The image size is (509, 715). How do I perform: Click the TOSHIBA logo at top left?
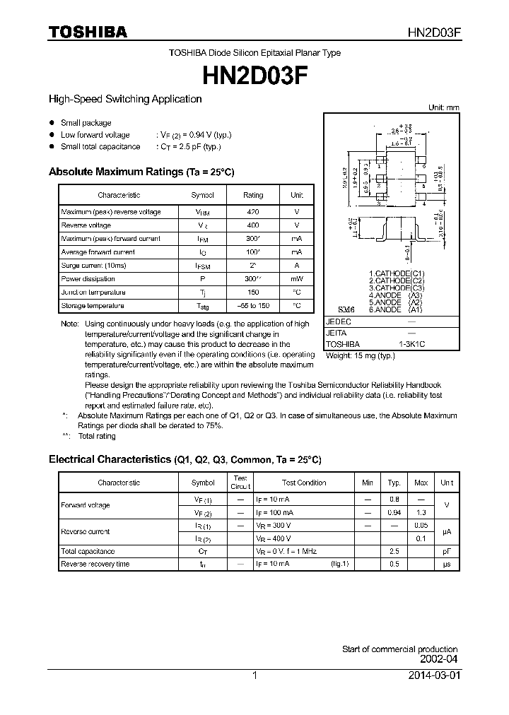(88, 32)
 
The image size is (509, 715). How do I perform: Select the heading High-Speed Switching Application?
(125, 100)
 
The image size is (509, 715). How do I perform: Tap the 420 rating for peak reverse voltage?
(253, 212)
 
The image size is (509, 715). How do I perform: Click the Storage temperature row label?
(93, 306)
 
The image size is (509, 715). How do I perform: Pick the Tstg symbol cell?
(202, 306)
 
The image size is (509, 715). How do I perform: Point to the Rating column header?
(253, 195)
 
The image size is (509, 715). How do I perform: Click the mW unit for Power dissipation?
(296, 279)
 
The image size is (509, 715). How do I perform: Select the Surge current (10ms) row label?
(93, 266)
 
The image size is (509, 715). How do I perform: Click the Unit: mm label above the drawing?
(444, 107)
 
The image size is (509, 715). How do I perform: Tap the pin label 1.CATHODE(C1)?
(397, 273)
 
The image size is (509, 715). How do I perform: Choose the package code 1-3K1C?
(411, 344)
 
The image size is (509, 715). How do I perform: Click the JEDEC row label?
(339, 321)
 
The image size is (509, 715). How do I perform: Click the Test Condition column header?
(304, 483)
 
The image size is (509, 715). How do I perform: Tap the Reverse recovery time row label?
(95, 565)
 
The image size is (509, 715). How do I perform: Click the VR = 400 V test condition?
(273, 538)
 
